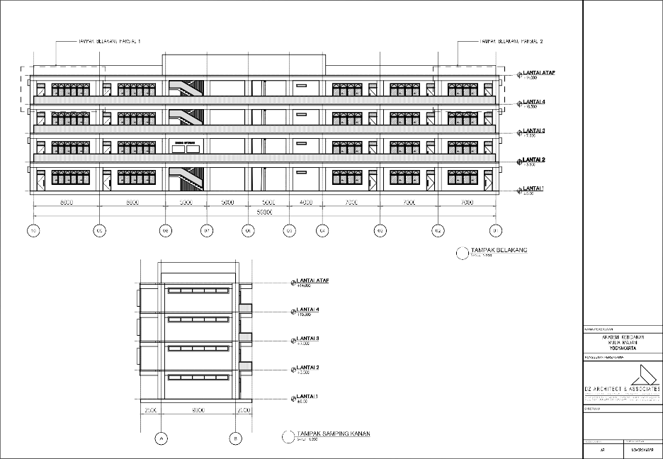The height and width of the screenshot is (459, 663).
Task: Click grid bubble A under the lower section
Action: (x=161, y=439)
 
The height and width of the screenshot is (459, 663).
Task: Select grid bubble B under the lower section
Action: (x=235, y=439)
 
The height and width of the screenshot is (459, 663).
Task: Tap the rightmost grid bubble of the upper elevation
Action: (x=496, y=230)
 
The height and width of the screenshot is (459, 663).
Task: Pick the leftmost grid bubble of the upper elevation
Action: (x=33, y=230)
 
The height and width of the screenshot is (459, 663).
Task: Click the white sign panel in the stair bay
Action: (x=186, y=145)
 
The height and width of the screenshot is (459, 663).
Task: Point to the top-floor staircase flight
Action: (x=186, y=89)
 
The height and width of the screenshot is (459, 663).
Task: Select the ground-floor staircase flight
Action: (x=186, y=176)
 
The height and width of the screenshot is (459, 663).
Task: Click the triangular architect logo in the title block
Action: (x=642, y=376)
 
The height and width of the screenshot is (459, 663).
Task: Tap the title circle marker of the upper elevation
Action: (x=463, y=252)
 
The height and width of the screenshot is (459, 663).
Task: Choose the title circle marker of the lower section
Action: (x=288, y=436)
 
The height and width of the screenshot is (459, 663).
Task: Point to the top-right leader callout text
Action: (x=511, y=41)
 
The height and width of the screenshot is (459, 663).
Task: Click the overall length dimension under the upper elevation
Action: (x=265, y=212)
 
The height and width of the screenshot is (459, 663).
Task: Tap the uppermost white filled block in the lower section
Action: (x=245, y=309)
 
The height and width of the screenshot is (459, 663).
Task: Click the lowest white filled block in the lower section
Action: (x=245, y=365)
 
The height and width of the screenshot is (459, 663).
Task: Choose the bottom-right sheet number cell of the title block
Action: (x=643, y=450)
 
